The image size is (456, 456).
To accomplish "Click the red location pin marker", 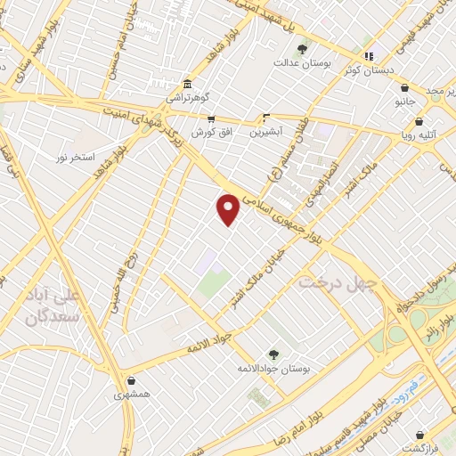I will coord(229,209).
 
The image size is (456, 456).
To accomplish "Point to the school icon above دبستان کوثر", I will coord(370,56).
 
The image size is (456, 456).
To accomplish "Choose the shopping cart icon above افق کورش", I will coord(210,118).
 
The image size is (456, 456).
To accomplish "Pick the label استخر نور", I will coord(74,158).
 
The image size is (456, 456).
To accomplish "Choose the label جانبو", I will coord(406,102).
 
